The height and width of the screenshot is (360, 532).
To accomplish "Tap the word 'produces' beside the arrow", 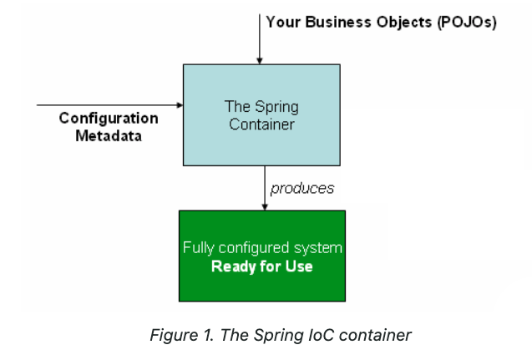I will pos(301,188).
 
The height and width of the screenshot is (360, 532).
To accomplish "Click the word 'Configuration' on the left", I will pos(109,119).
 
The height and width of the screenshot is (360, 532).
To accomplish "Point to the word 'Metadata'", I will pos(109,135).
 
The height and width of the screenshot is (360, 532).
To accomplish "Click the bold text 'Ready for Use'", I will pos(261,267).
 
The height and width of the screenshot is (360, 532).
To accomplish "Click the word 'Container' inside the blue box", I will pos(261,124).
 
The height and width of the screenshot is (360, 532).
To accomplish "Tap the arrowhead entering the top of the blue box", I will pos(260,60).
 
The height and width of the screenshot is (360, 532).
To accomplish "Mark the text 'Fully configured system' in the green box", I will pos(261,249).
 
